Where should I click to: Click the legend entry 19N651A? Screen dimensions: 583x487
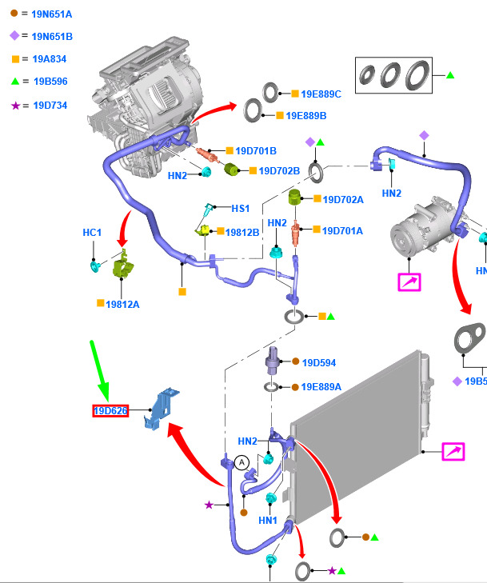pos(52,14)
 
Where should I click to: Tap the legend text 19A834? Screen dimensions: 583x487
pos(50,58)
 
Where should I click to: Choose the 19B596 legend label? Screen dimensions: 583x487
pos(50,81)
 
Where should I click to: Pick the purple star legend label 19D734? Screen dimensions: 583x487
pos(50,105)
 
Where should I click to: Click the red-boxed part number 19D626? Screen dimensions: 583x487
pos(110,411)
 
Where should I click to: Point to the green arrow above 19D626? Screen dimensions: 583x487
pos(99,369)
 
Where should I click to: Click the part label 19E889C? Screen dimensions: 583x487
pos(321,94)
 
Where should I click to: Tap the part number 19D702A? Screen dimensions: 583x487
pos(342,199)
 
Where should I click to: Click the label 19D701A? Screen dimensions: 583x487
pos(342,230)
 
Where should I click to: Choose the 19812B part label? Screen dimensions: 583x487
pos(242,232)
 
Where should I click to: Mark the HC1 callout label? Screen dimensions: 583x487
pos(93,233)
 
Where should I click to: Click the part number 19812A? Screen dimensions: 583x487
pos(123,304)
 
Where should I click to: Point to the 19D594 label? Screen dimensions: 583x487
pos(318,362)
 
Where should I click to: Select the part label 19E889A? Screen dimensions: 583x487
pos(321,386)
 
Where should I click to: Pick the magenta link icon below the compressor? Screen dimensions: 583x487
pos(409,282)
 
